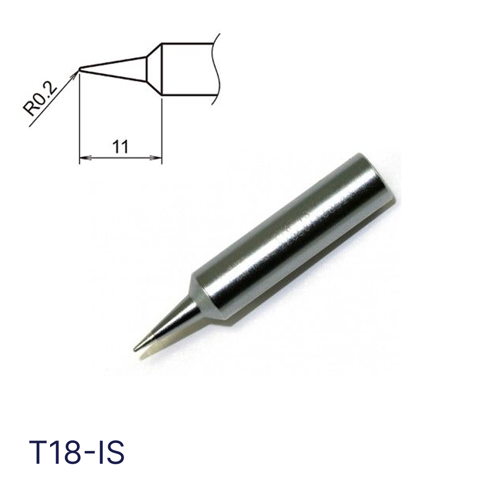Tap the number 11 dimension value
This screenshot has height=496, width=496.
120,147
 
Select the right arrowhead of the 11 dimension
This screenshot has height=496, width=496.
156,157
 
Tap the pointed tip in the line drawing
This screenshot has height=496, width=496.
79,68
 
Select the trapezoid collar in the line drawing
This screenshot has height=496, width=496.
154,69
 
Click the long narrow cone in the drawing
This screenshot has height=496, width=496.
113,69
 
